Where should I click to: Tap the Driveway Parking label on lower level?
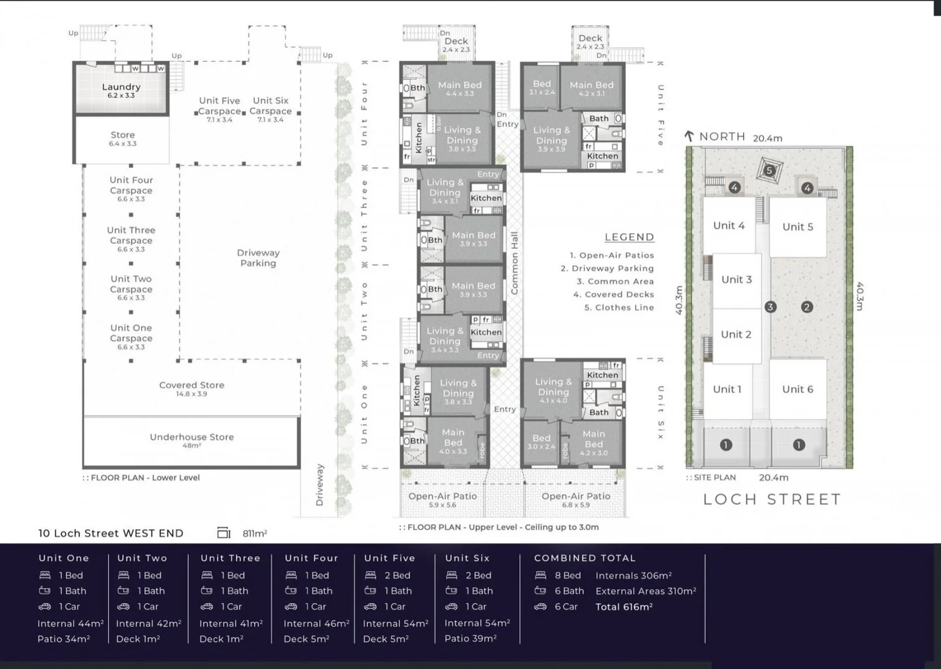pos(258,258)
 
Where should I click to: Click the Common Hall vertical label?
pos(514,263)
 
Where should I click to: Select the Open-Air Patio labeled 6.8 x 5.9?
pos(576,499)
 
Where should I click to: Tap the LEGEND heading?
pos(629,237)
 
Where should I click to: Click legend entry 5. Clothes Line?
pos(619,307)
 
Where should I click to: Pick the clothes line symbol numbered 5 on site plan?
pos(770,170)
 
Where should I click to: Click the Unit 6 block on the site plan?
pos(797,389)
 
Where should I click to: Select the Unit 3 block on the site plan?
pos(737,279)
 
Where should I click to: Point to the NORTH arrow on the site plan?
pos(689,136)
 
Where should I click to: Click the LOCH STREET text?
pos(772,499)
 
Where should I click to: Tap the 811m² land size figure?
pos(254,533)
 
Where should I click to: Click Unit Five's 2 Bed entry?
pos(397,575)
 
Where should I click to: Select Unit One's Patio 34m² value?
pos(64,639)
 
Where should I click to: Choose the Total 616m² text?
pos(624,607)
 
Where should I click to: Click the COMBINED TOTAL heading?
pos(584,558)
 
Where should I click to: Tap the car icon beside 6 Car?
pos(540,607)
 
